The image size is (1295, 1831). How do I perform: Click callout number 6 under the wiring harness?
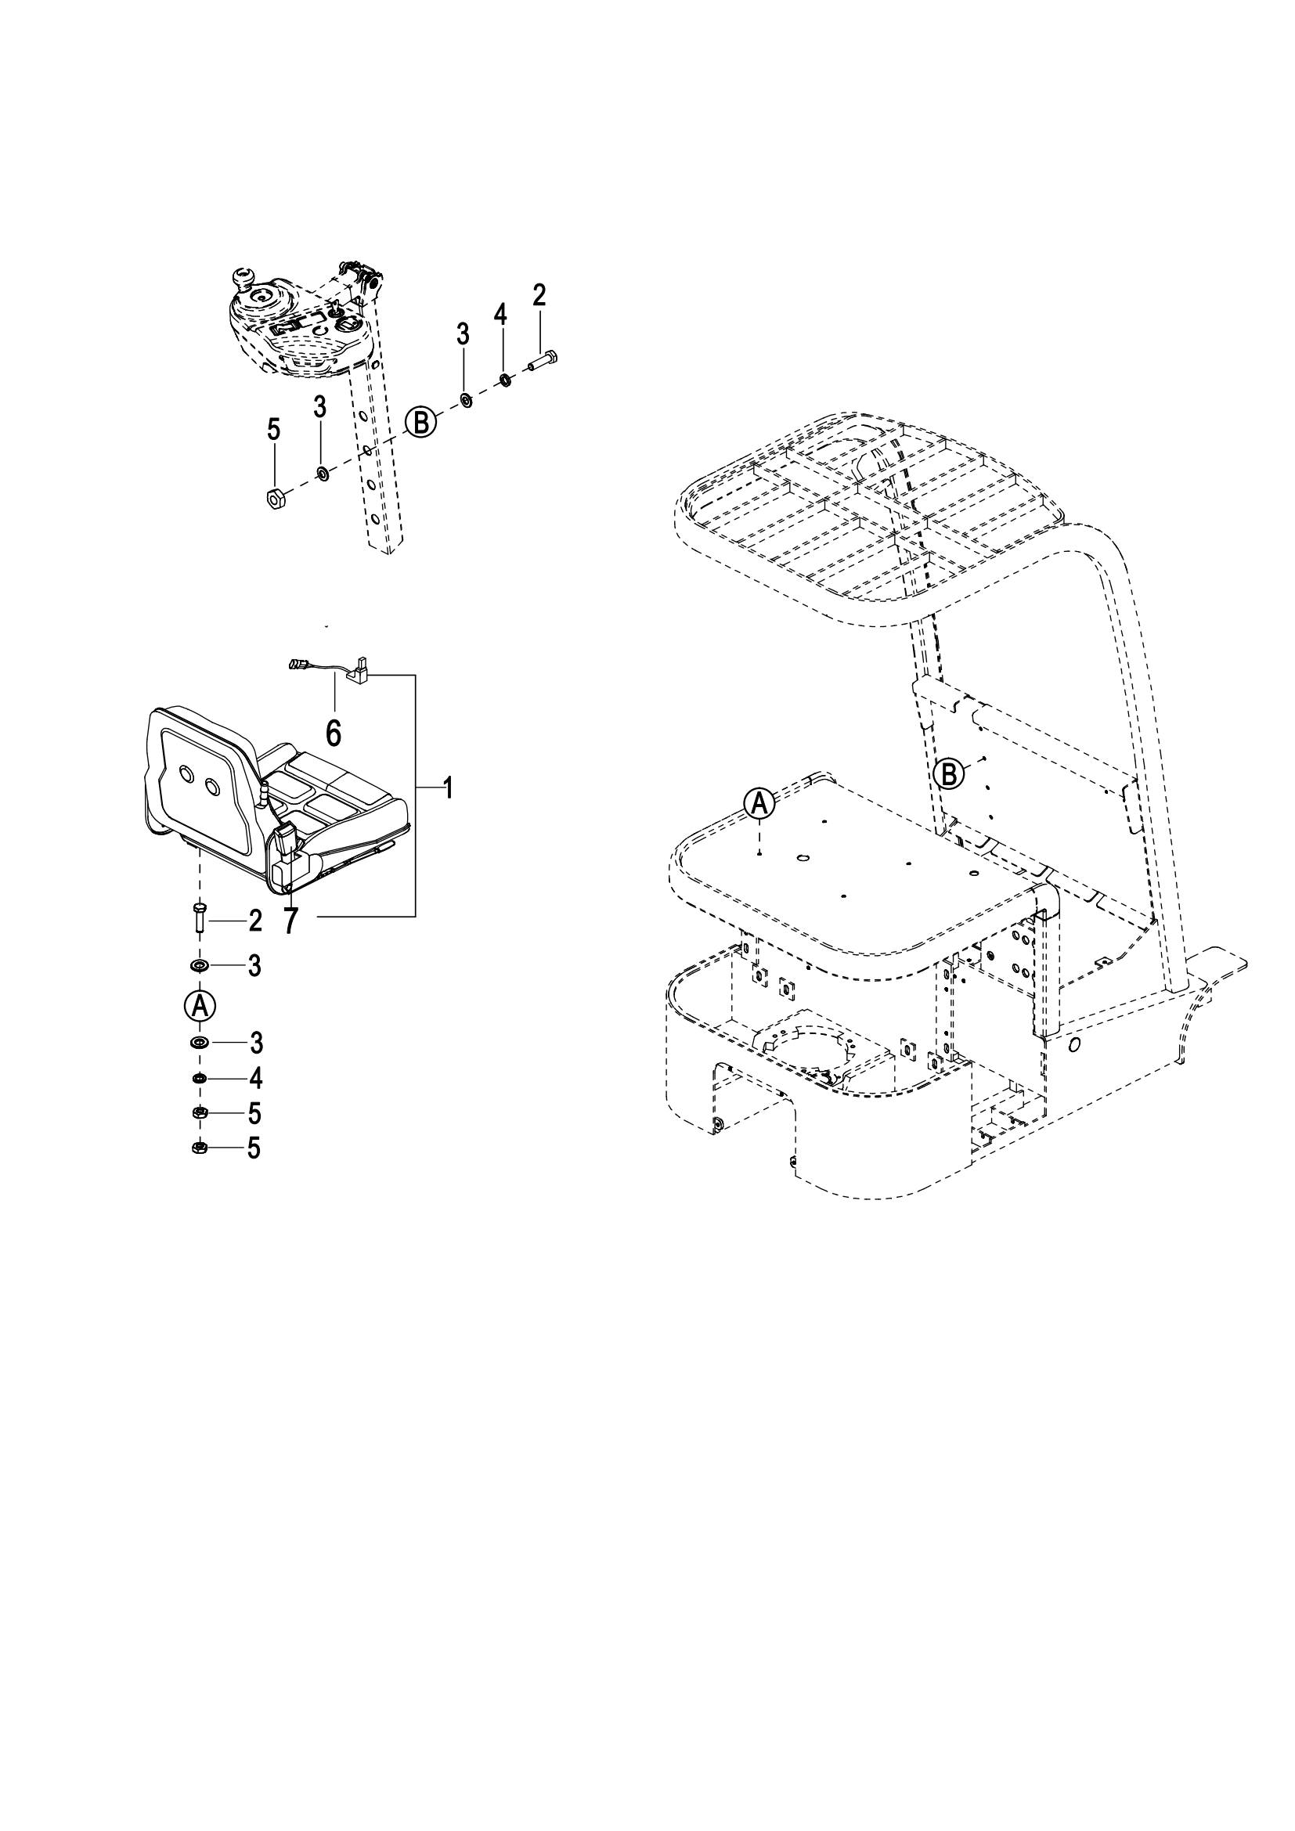point(334,731)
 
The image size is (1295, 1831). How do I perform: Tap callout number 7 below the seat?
point(290,921)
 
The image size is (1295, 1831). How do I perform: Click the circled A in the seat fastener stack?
point(200,1006)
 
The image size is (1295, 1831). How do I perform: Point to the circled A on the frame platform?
point(759,803)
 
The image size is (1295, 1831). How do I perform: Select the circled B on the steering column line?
point(422,421)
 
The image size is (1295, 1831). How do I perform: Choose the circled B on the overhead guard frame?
point(948,773)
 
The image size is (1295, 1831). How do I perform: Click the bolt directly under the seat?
point(200,919)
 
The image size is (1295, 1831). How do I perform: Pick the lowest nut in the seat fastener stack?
point(200,1148)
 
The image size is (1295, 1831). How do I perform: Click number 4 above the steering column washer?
point(500,314)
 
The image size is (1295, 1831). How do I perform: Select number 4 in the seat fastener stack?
point(255,1079)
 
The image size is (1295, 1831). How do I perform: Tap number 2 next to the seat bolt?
point(255,922)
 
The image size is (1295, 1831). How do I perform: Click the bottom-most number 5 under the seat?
point(254,1148)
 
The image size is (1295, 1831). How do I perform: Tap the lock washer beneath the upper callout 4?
point(505,379)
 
